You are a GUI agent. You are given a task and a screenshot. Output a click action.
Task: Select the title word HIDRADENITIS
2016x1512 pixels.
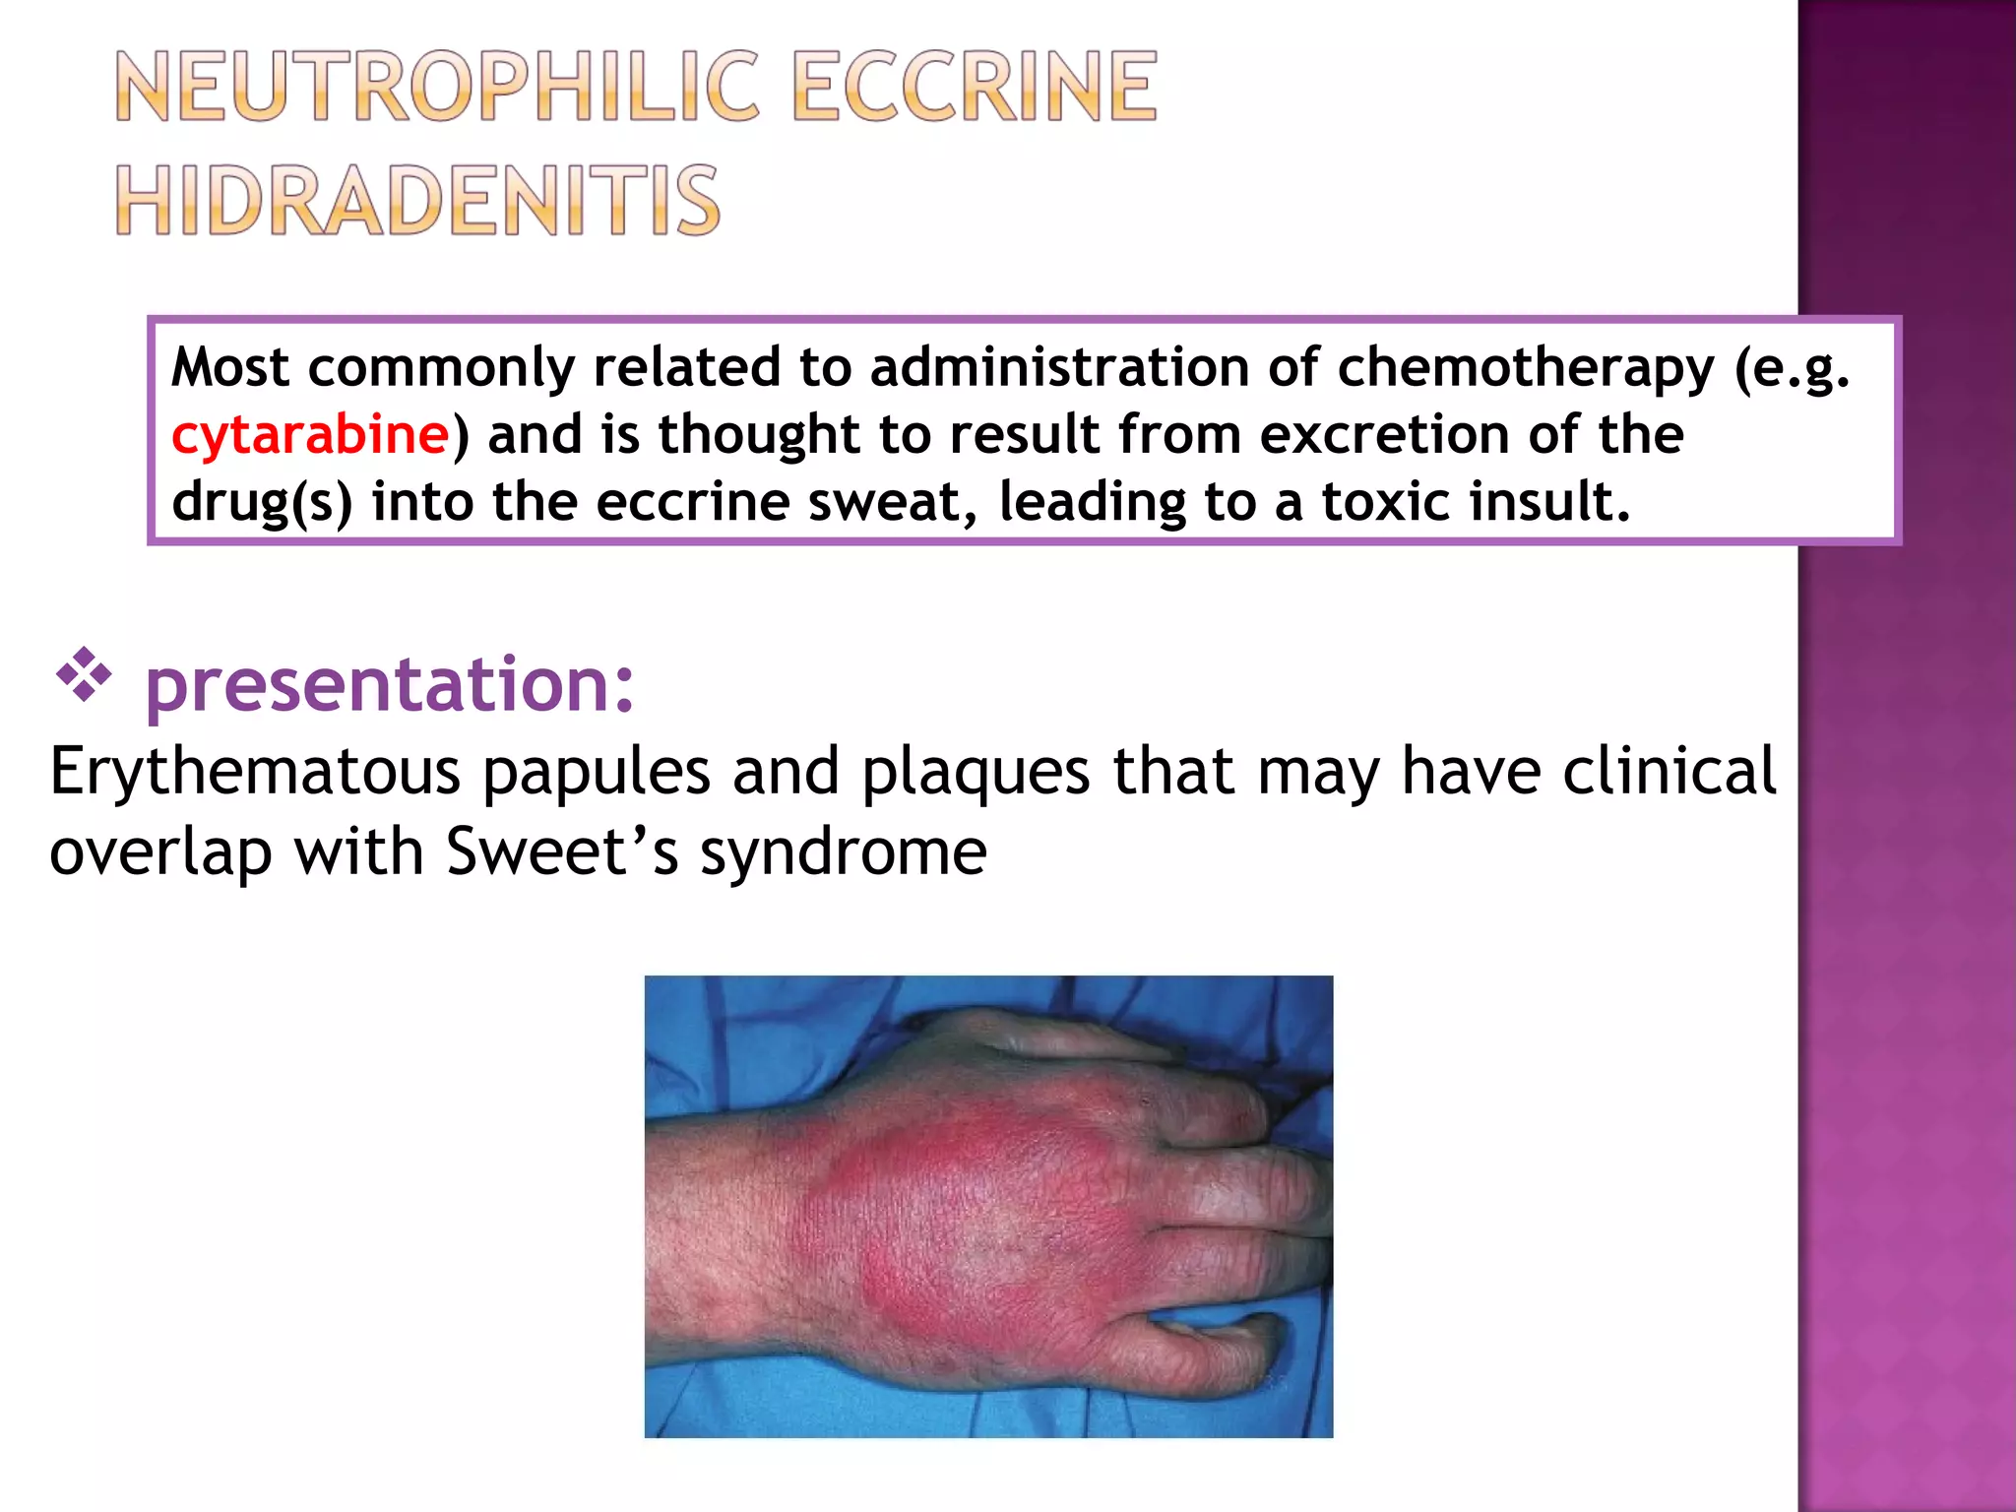point(417,201)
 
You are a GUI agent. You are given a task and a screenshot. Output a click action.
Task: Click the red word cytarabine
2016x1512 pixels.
point(310,434)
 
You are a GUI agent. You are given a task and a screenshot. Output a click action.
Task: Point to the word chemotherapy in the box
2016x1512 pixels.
point(1525,368)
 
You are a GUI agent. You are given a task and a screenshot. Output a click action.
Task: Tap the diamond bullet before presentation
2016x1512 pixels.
point(84,674)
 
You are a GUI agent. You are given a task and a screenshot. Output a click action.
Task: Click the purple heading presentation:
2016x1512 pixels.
point(390,684)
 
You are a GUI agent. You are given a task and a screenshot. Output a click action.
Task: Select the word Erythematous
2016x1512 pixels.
point(255,772)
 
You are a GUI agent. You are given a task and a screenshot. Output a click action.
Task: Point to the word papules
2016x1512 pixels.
point(596,772)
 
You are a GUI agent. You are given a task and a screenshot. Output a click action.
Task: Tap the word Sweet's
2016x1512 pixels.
point(562,851)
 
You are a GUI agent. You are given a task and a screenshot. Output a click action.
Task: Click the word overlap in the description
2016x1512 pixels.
point(160,853)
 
